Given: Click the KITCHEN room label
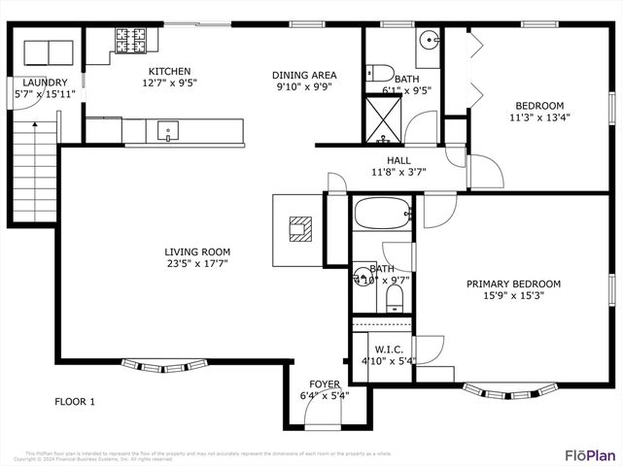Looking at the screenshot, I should [169, 71].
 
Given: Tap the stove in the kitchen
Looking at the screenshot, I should [132, 40].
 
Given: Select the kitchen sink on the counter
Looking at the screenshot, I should [168, 129].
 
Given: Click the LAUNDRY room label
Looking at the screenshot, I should [45, 83].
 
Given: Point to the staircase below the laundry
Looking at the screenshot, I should [34, 175].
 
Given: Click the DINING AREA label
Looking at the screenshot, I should [304, 75].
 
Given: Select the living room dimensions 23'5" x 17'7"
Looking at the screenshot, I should [197, 264].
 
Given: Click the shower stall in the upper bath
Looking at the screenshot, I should [381, 118].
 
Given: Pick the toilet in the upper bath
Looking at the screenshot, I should [380, 72].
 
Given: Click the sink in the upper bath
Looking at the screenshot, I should [430, 40].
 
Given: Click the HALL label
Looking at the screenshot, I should [398, 161].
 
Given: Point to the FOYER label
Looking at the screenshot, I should [325, 384].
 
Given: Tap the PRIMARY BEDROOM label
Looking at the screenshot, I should [513, 284].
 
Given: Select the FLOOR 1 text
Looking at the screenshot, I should [74, 402].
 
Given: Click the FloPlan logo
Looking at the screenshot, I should [590, 454].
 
